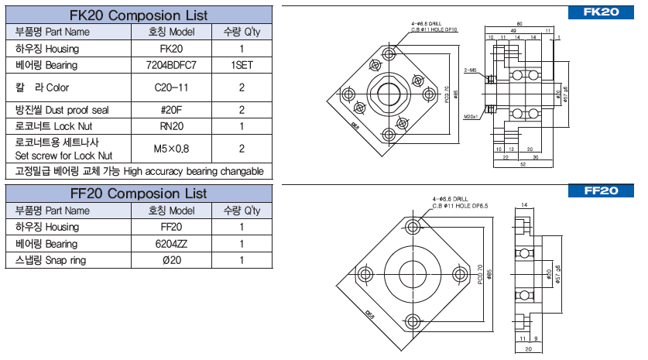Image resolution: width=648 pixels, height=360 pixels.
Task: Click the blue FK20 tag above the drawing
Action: point(601,12)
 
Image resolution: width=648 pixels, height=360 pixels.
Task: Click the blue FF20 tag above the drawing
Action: point(601,190)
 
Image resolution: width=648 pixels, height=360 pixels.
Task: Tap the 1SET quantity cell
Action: point(242,66)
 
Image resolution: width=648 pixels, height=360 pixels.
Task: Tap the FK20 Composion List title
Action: point(139,14)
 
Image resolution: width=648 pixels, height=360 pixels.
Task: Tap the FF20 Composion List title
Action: point(139,193)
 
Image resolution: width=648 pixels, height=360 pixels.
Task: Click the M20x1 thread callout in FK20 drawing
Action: point(471,117)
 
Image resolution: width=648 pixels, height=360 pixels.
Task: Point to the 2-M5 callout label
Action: point(469,70)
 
